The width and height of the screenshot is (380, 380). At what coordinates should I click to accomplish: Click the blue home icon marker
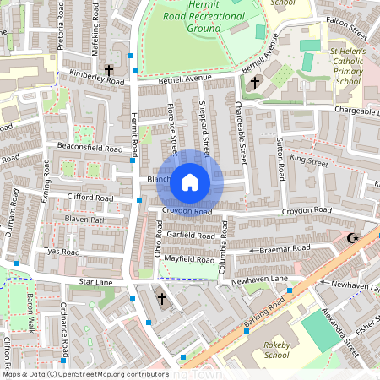(190, 182)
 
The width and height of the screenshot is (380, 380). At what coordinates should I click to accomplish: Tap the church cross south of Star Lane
(162, 298)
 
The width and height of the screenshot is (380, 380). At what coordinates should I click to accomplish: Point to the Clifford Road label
(90, 198)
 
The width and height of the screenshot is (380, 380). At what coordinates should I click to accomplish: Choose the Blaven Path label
(87, 220)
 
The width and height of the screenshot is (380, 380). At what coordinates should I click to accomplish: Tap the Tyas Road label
(62, 252)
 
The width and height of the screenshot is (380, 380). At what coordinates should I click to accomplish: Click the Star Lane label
(95, 280)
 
